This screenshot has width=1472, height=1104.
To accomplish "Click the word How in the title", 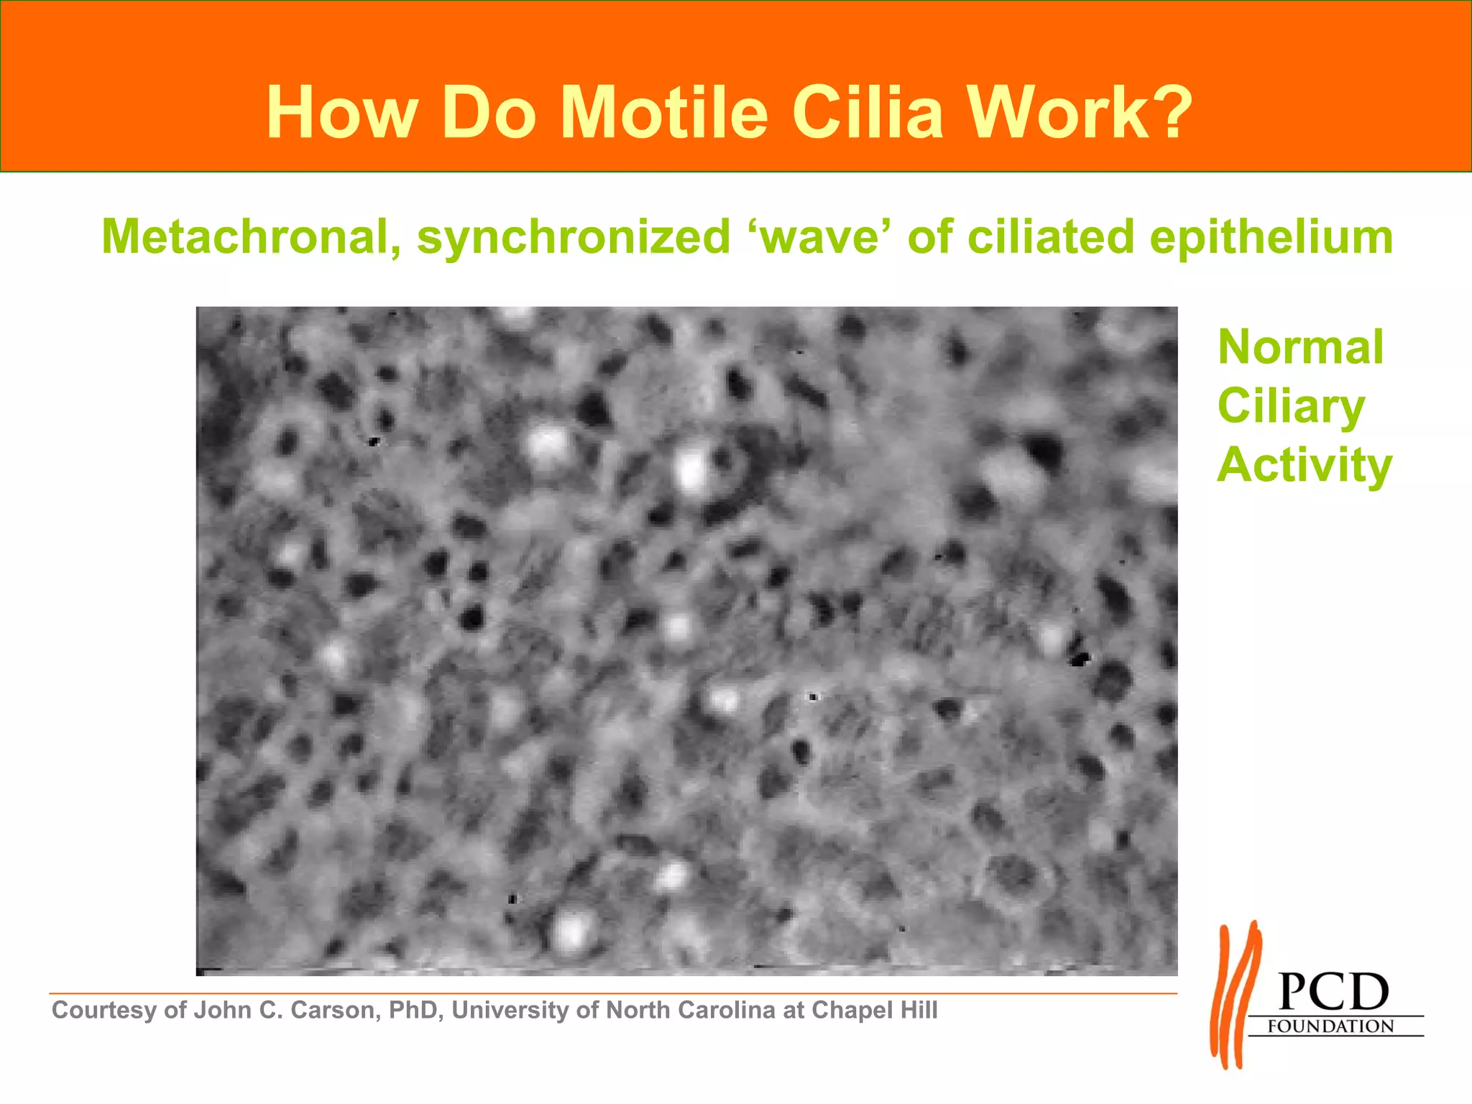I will tap(341, 113).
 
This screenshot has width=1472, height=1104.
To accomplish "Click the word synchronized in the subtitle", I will tap(574, 236).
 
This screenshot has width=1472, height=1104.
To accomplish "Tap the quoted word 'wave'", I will tap(819, 236).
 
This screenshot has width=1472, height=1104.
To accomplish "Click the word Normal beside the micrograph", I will tap(1300, 347).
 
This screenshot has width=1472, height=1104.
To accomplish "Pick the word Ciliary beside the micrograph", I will tap(1291, 407).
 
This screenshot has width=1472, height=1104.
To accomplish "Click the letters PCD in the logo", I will tap(1334, 993).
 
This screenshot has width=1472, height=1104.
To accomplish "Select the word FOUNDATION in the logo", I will tap(1330, 1026).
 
